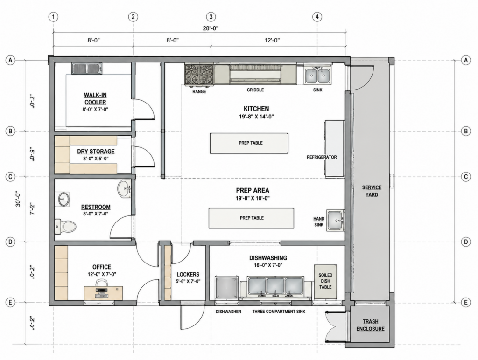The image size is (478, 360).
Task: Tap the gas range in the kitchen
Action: [x=199, y=75]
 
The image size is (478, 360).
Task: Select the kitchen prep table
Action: [x=249, y=143]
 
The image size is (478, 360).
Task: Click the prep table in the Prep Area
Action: [x=251, y=218]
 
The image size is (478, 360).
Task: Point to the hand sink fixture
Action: [x=335, y=220]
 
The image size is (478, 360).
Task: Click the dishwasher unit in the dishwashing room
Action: [x=226, y=288]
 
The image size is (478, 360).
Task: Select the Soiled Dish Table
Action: [x=325, y=281]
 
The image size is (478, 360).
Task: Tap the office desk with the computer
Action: [x=103, y=293]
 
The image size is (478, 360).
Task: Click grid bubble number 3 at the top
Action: [x=211, y=17]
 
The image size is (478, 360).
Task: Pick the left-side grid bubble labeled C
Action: [x=10, y=177]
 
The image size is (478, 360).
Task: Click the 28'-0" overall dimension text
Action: [x=211, y=28]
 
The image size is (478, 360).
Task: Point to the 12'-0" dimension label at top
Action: [x=272, y=40]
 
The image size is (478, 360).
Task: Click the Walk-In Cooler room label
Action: [x=95, y=99]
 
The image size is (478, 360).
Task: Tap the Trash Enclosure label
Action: [x=370, y=325]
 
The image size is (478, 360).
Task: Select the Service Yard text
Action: [x=372, y=191]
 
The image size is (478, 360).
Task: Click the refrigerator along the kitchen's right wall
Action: [x=335, y=149]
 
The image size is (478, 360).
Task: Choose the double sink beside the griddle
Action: [x=317, y=76]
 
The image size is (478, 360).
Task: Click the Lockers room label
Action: [x=188, y=274]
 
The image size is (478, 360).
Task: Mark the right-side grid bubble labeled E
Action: [x=466, y=303]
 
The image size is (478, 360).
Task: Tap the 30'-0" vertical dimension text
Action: [x=18, y=199]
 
